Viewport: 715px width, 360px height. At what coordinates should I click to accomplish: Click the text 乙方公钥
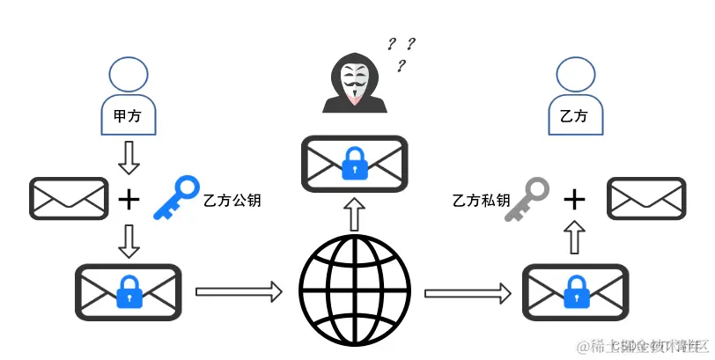click(x=232, y=201)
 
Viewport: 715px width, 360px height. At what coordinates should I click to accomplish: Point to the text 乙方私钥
click(x=481, y=201)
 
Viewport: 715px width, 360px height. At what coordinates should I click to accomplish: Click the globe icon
click(x=354, y=288)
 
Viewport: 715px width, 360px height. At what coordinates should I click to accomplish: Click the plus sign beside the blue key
click(x=129, y=200)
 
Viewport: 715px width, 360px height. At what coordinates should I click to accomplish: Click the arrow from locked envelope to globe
click(x=238, y=290)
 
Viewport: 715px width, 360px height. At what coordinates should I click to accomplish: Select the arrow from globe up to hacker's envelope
click(x=354, y=215)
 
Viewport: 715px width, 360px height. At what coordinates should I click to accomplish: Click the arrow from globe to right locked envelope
click(x=468, y=291)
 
